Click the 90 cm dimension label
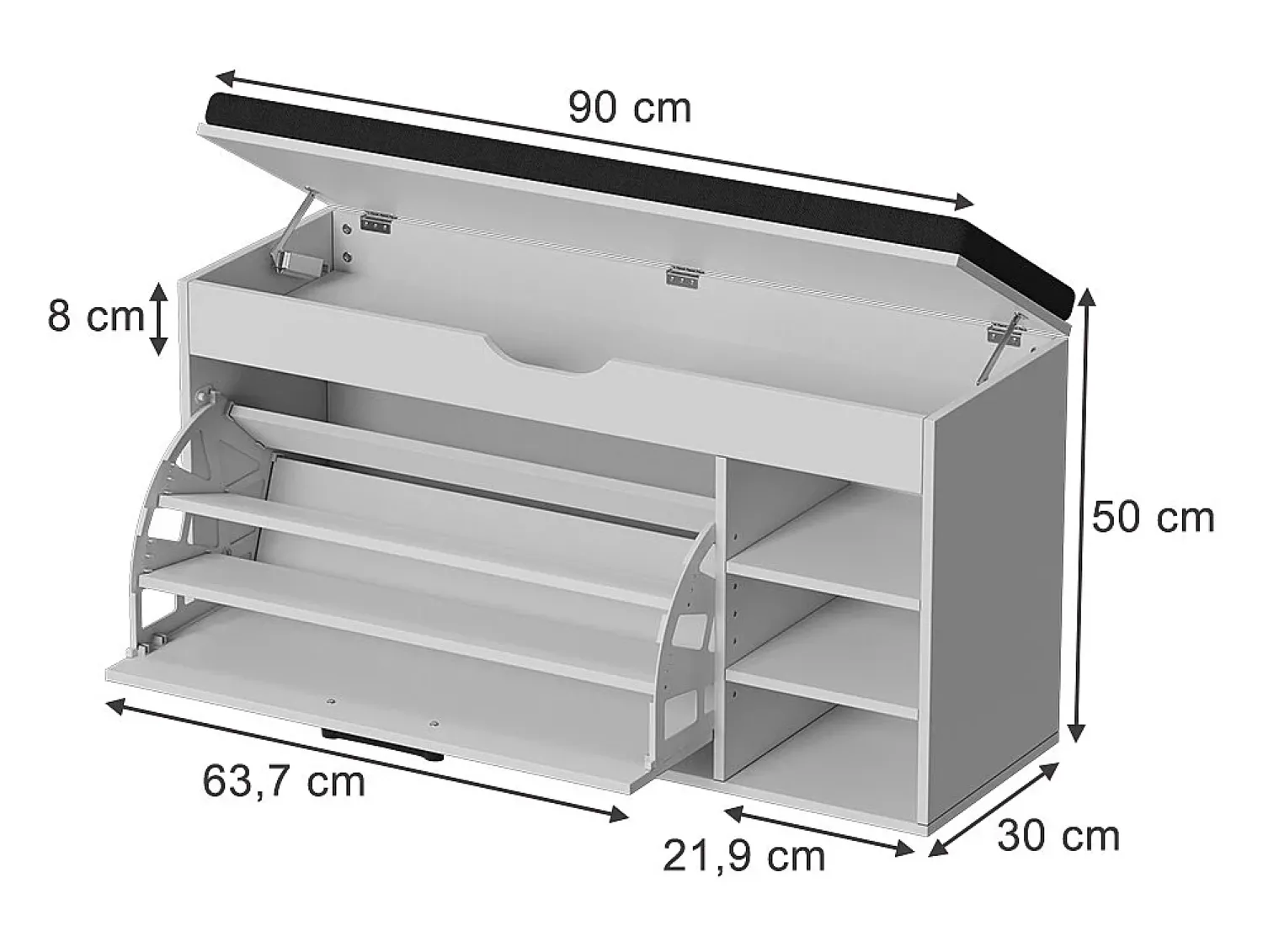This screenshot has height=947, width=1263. click(629, 108)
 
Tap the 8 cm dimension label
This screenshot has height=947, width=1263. click(95, 317)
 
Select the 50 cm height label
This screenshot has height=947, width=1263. click(1153, 518)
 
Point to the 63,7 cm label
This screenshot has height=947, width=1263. click(284, 781)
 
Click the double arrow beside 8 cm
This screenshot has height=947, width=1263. click(159, 318)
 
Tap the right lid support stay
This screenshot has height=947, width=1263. click(1000, 348)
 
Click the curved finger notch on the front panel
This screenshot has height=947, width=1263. click(546, 359)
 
